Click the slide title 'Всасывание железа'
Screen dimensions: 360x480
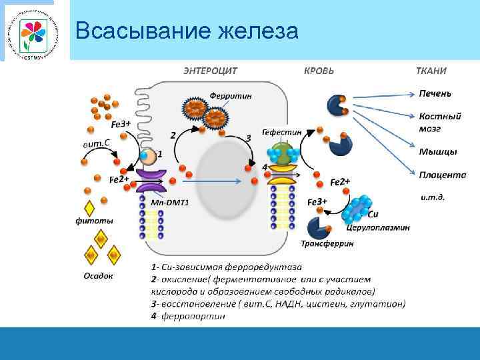(x=187, y=31)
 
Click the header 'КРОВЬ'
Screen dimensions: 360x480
(x=319, y=71)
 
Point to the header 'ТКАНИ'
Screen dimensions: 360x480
(x=431, y=71)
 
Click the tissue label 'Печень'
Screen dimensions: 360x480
(x=435, y=93)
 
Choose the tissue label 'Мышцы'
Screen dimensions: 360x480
(x=438, y=151)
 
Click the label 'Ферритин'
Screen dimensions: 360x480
(x=231, y=95)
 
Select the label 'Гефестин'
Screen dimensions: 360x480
(x=281, y=132)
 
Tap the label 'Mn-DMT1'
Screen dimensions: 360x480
(x=169, y=202)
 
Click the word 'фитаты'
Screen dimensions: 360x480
(x=93, y=221)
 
